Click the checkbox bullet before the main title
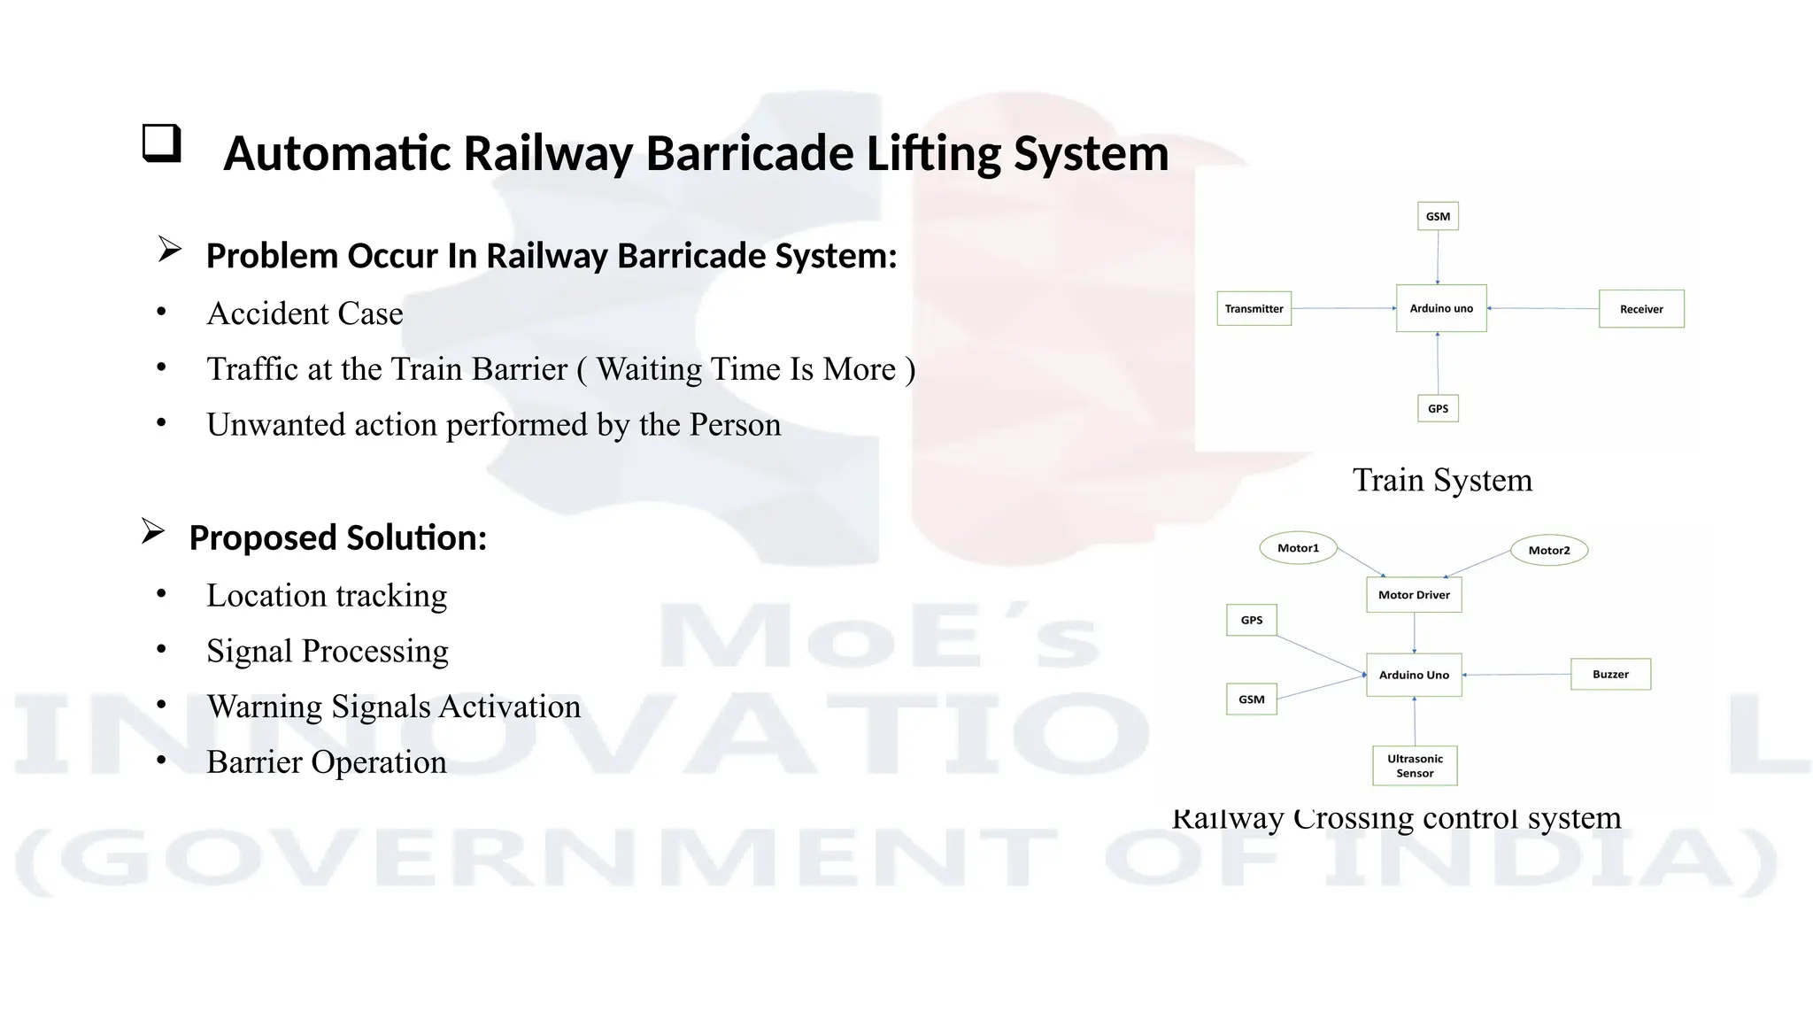161,143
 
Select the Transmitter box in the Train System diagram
1254,309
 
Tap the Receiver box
1640,309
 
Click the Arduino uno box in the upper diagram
1440,308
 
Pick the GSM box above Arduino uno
1438,216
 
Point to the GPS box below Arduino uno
1438,408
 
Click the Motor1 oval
1298,548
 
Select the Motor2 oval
1548,550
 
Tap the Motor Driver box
1413,595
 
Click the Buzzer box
1609,674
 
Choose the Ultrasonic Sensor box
1414,766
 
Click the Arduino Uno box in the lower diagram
1413,675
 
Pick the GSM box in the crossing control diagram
1251,699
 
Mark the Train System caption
1442,480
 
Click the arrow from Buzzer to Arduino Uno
1516,675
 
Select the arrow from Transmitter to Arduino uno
1343,308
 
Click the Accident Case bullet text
305,313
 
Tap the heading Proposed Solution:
337,537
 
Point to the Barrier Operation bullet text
326,762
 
